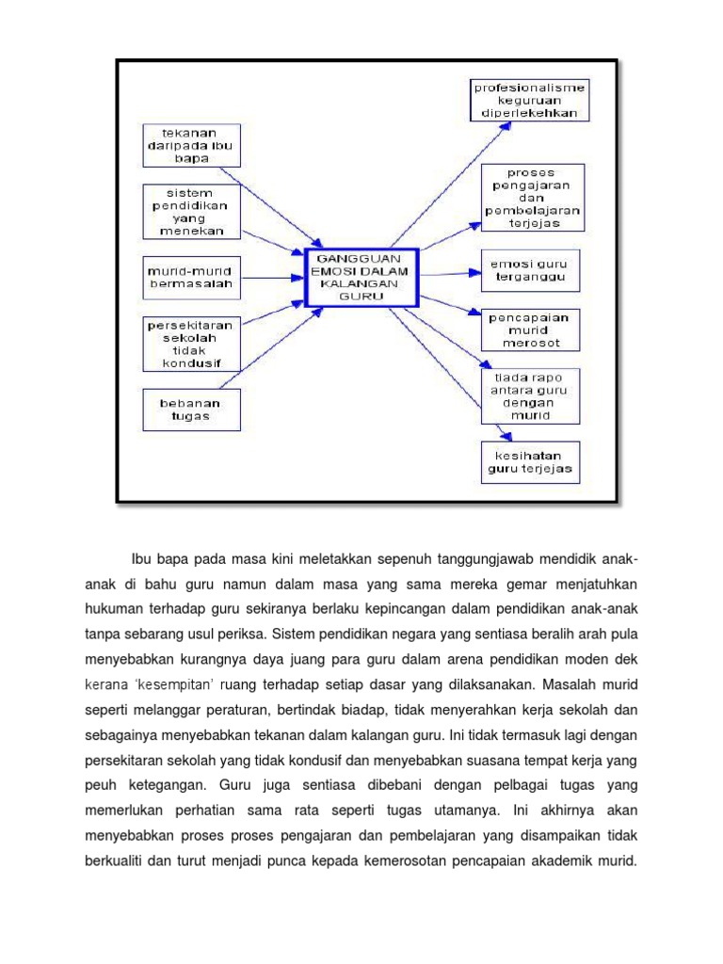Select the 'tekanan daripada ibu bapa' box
coord(192,146)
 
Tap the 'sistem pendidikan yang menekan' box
coord(192,211)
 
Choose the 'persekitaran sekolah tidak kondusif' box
coord(192,343)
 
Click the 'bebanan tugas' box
coord(192,410)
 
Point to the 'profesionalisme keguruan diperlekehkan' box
coord(530,100)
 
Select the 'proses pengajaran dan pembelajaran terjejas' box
coord(532,197)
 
